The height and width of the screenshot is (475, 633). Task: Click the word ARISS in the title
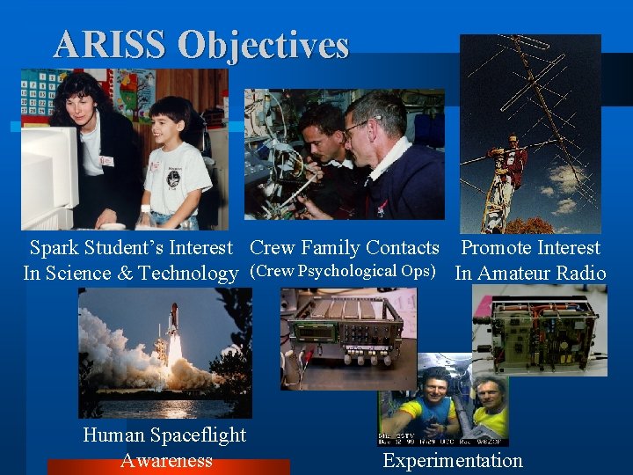pyautogui.click(x=108, y=45)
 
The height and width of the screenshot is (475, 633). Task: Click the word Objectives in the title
pyautogui.click(x=263, y=45)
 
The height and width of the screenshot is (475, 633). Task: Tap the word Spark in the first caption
pyautogui.click(x=55, y=249)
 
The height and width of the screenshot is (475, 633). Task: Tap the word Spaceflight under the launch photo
pyautogui.click(x=196, y=435)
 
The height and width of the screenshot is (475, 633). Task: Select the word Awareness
pyautogui.click(x=166, y=460)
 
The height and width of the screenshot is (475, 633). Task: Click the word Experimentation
pyautogui.click(x=453, y=460)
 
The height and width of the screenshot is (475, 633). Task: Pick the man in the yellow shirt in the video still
pyautogui.click(x=489, y=405)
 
